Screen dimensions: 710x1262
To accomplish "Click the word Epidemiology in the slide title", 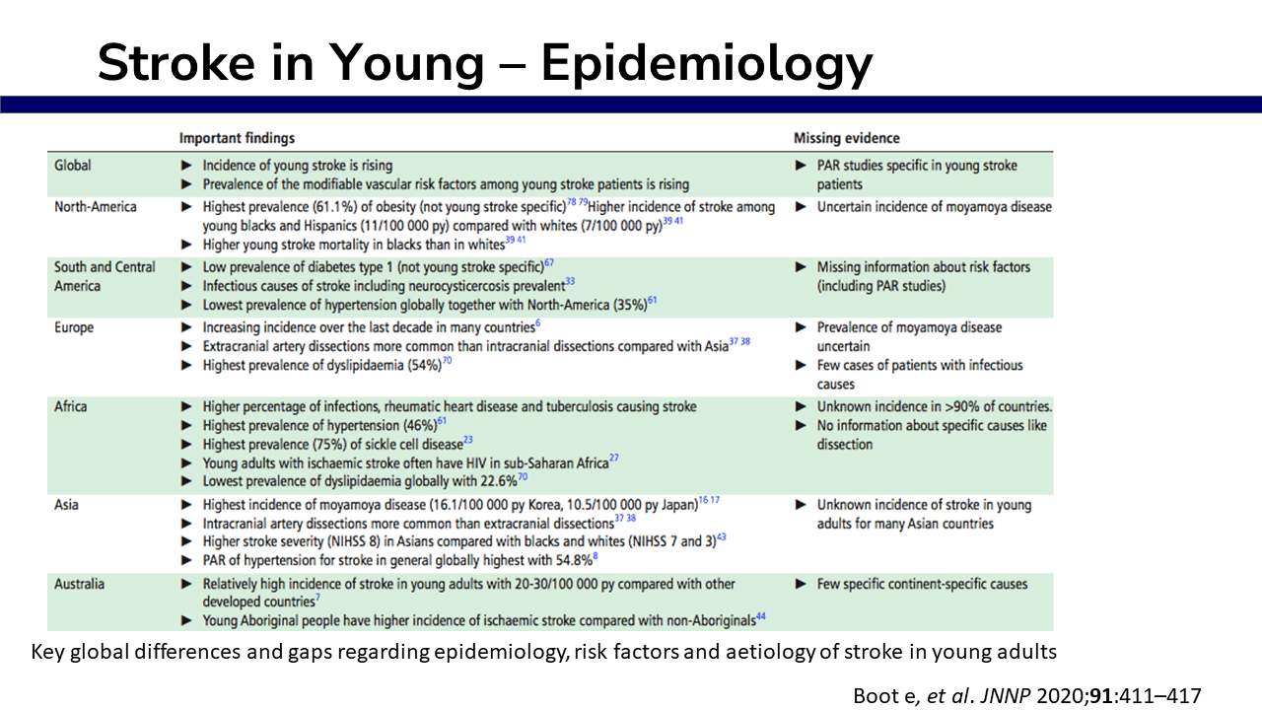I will tap(706, 63).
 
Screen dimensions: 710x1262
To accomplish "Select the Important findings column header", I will tap(237, 138).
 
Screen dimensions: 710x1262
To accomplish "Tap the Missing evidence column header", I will tap(847, 138).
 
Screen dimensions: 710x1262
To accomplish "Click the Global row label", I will tap(73, 165).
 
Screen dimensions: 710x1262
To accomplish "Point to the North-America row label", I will tap(96, 207).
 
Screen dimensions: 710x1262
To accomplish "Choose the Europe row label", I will tap(74, 326).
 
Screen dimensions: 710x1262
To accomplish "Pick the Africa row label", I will tap(71, 406).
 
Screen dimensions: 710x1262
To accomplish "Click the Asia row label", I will tap(67, 505).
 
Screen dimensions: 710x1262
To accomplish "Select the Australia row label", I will tap(80, 584).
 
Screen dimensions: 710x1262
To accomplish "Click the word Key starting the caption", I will tap(46, 652).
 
